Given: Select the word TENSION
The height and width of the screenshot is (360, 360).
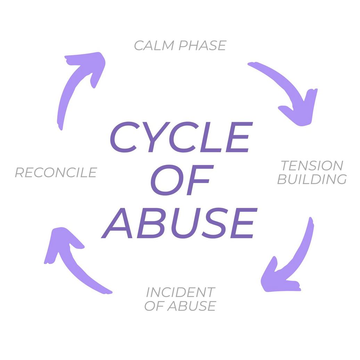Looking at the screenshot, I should point(312,166).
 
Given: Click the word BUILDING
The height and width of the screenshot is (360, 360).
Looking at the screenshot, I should point(312,179).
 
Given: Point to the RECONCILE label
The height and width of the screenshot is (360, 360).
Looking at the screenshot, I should point(56,173).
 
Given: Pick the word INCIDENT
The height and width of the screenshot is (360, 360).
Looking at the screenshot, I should point(180,292).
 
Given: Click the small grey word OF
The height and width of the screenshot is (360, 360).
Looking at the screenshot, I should point(154,306).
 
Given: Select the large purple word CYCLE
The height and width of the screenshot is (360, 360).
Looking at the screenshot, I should point(180,138).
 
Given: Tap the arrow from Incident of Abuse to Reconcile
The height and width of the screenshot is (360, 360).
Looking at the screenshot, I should point(75,261).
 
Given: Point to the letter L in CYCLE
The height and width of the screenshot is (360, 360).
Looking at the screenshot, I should point(212,138).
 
